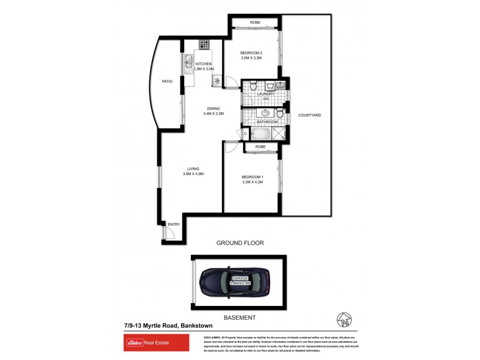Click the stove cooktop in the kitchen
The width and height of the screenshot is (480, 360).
click(204, 44)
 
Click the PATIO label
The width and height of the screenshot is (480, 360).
click(167, 82)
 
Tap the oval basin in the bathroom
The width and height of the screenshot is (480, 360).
click(265, 113)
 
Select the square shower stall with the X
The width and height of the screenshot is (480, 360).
click(279, 133)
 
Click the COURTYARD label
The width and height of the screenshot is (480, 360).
click(310, 115)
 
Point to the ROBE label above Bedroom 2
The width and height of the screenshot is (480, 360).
click(255, 23)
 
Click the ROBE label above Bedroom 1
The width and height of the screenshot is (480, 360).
click(260, 147)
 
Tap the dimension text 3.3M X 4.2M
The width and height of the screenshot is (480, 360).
click(252, 182)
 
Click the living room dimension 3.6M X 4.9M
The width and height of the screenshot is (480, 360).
click(193, 174)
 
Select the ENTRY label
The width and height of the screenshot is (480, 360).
click(174, 224)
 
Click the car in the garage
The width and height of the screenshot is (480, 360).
click(234, 281)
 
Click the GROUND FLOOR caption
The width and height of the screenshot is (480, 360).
click(240, 243)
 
